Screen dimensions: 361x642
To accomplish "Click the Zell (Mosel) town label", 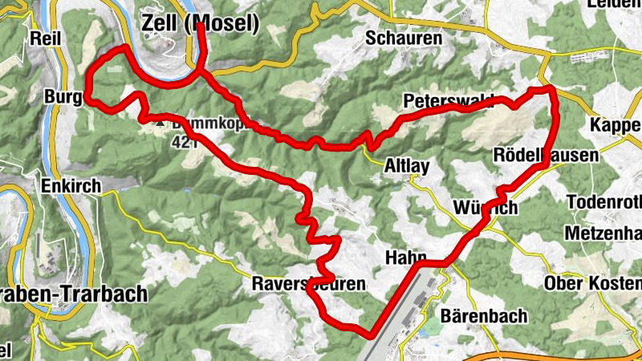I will tap(200, 24).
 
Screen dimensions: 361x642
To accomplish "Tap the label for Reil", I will tap(45, 38).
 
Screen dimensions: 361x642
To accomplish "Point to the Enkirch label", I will tap(73, 186).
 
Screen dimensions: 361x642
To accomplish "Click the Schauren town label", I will tap(403, 38).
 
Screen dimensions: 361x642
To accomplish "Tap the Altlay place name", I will tap(408, 166).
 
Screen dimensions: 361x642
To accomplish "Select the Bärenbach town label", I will tap(484, 315).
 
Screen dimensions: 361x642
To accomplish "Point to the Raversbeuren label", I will tap(308, 284).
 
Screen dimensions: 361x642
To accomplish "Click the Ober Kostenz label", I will tap(593, 284).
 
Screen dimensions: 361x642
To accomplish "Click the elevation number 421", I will tap(184, 142).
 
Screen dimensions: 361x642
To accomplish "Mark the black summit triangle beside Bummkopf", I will tap(162, 124).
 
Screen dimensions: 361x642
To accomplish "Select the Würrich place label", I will tap(485, 208).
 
